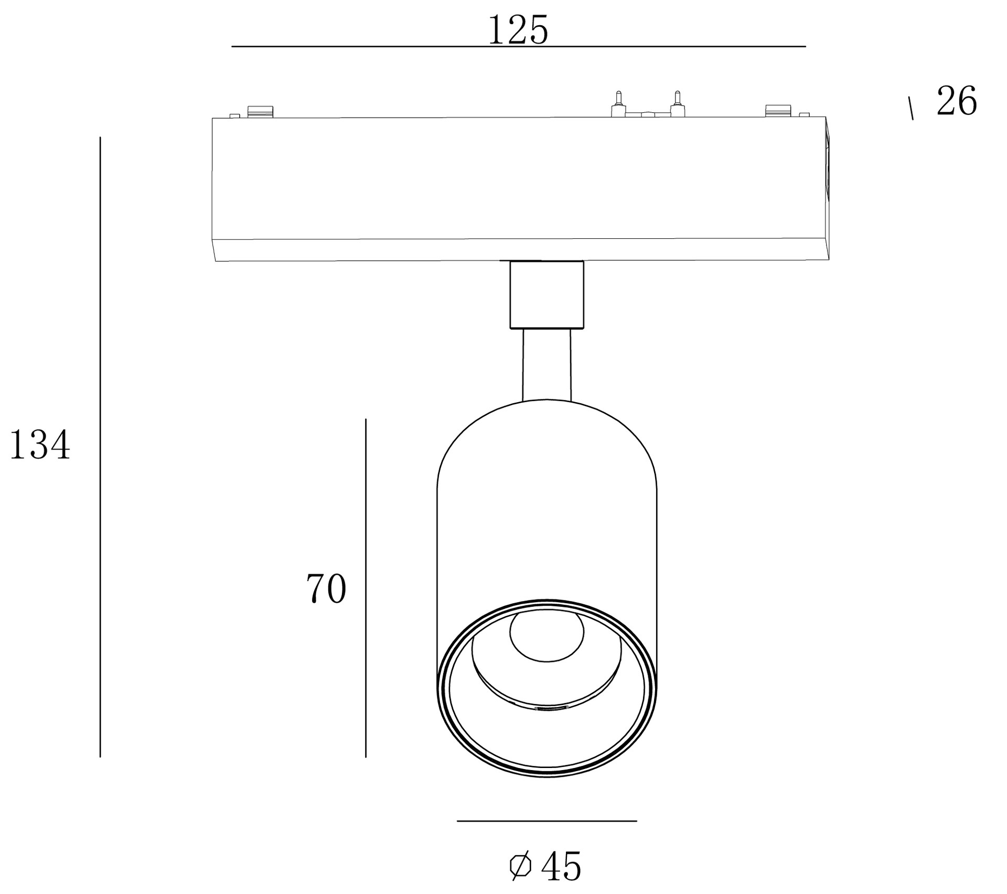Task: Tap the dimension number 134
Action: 40,445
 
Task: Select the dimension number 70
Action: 326,588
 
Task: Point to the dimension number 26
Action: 957,101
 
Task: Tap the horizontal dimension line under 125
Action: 519,47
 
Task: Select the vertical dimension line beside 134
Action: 100,447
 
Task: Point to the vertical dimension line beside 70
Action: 366,588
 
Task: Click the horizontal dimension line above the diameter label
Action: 547,821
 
